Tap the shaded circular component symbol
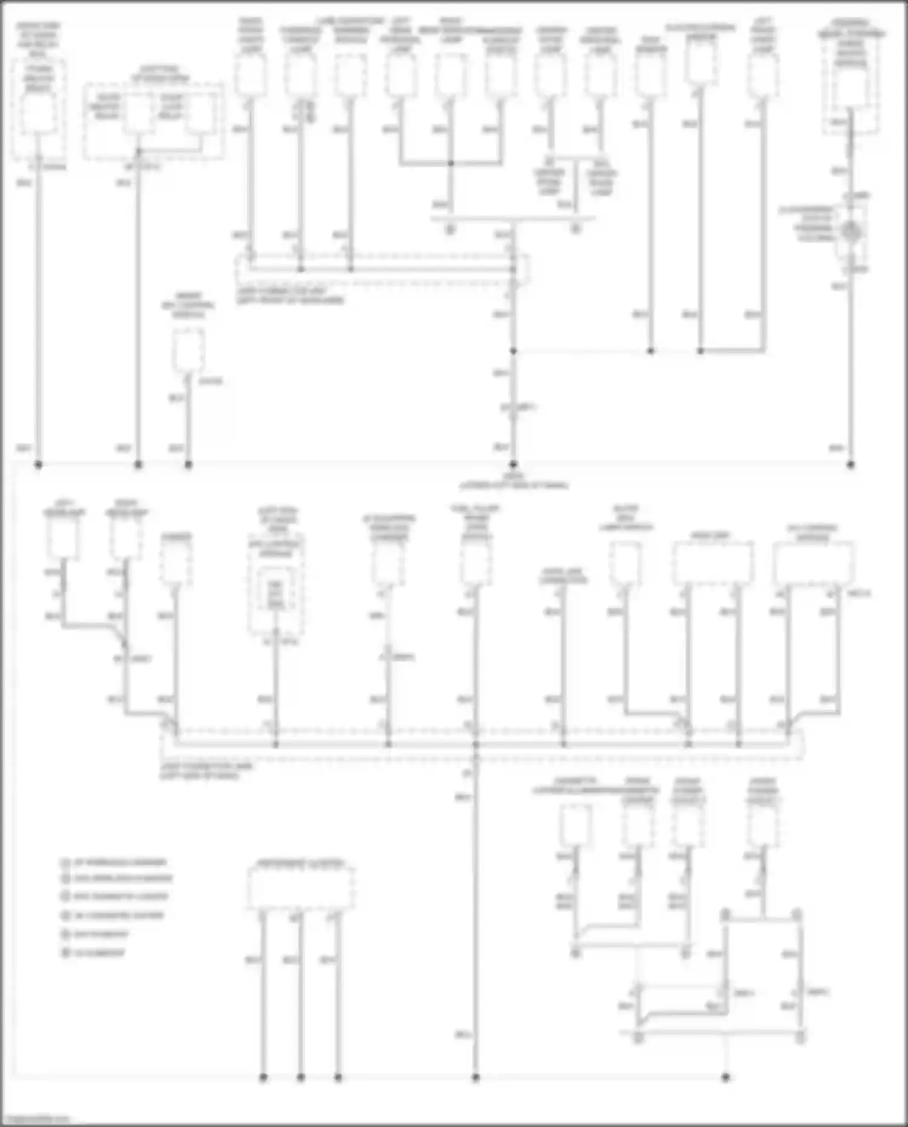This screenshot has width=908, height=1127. click(850, 230)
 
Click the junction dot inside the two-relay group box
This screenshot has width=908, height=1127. click(139, 151)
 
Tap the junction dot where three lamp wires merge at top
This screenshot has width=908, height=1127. click(450, 164)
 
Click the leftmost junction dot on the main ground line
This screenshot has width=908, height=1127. click(38, 464)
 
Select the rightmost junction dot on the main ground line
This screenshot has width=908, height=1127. click(850, 464)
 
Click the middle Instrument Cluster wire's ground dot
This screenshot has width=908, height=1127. click(301, 1077)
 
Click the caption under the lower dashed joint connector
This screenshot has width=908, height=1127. click(206, 770)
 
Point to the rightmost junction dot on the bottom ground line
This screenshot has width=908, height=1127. click(726, 1077)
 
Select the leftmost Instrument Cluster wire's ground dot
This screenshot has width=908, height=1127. click(263, 1077)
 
